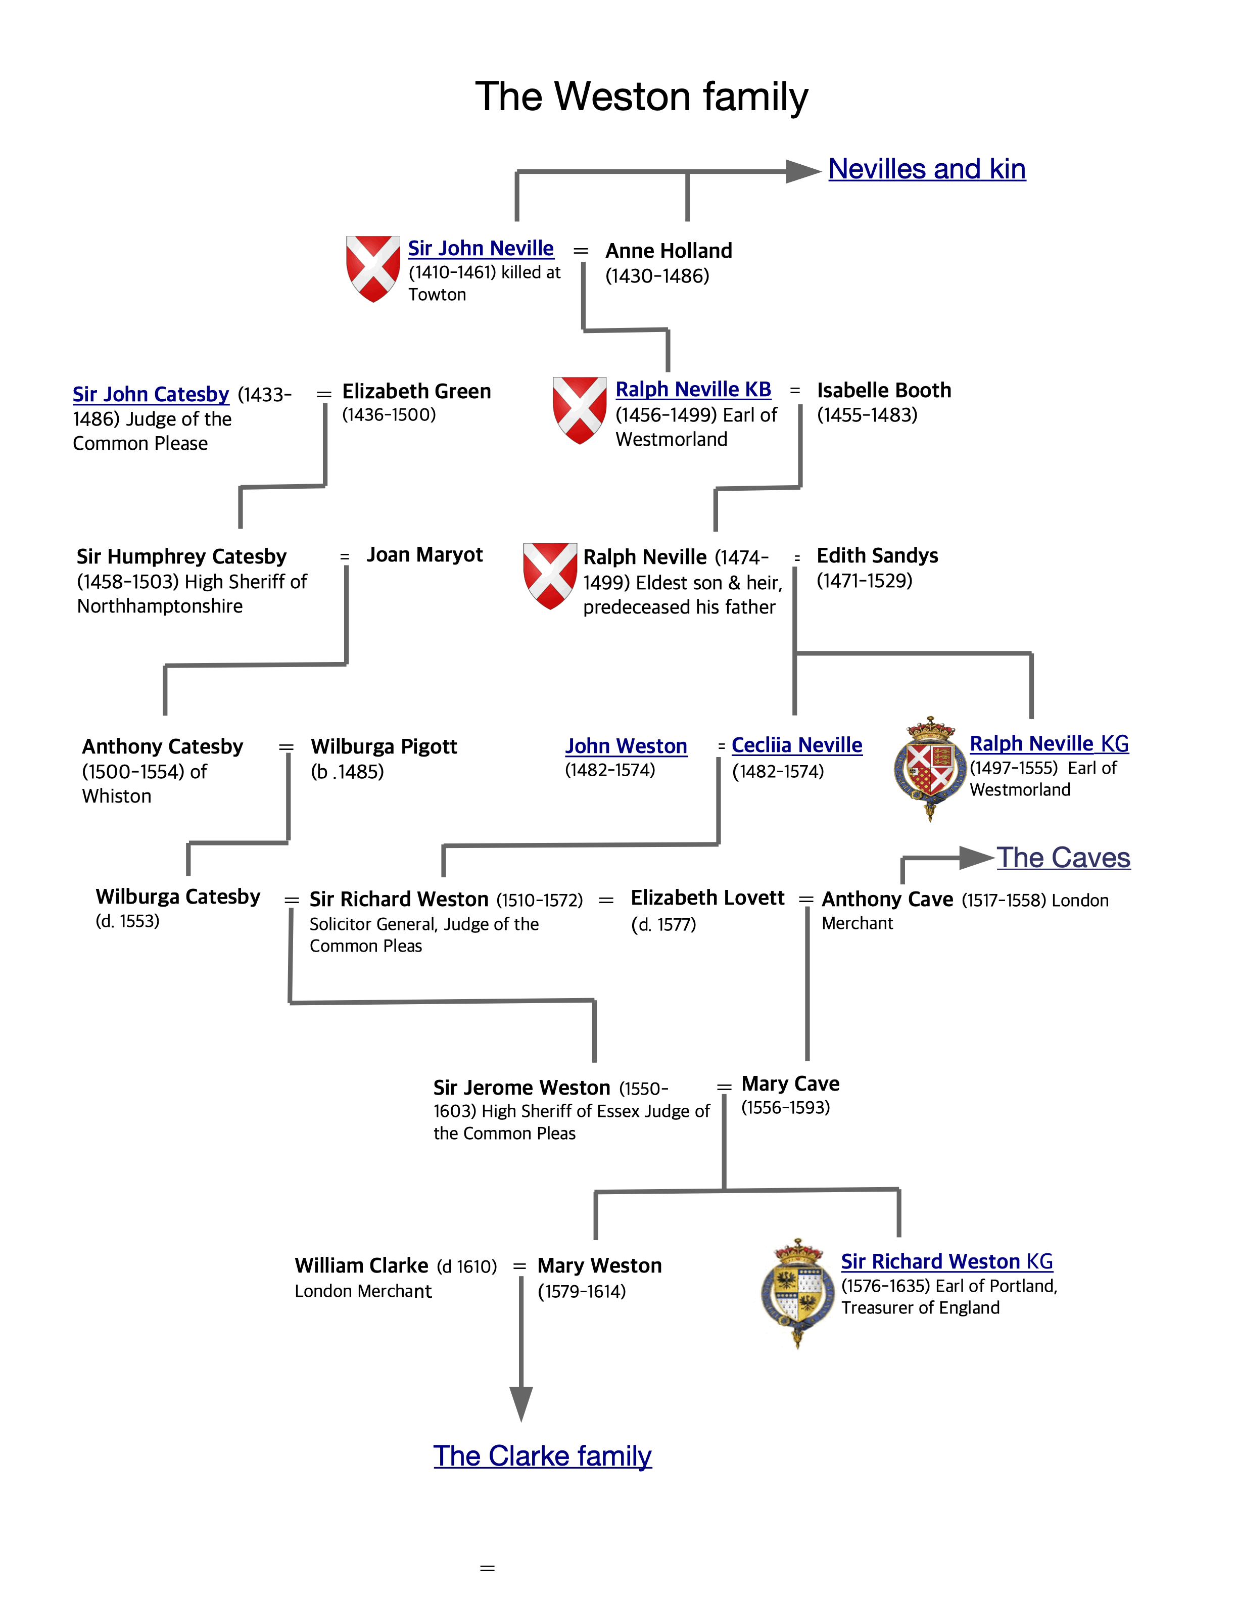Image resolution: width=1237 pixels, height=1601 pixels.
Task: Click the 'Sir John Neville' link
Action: click(481, 249)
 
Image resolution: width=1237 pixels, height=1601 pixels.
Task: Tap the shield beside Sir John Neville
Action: click(373, 268)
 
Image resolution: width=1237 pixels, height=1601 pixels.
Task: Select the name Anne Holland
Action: click(669, 251)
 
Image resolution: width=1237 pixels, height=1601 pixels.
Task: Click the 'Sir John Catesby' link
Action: click(151, 394)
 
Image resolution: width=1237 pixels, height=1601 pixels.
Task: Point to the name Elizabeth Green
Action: click(416, 392)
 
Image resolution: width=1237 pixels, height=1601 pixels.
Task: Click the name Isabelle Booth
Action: click(884, 390)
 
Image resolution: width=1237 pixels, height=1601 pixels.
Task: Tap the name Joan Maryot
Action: click(424, 555)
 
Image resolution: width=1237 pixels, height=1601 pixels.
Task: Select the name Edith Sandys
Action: click(877, 556)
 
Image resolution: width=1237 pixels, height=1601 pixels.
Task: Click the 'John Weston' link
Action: click(626, 746)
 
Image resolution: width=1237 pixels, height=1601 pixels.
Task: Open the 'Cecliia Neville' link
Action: click(796, 745)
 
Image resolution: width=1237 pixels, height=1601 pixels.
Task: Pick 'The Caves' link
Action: click(1063, 858)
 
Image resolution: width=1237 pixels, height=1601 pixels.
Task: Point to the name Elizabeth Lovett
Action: click(707, 898)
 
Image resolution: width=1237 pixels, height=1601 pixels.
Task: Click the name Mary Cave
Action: click(790, 1084)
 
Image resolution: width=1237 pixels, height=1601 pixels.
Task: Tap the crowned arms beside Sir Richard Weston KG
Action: click(797, 1293)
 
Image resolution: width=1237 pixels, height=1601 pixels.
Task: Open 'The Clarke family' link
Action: click(542, 1456)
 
